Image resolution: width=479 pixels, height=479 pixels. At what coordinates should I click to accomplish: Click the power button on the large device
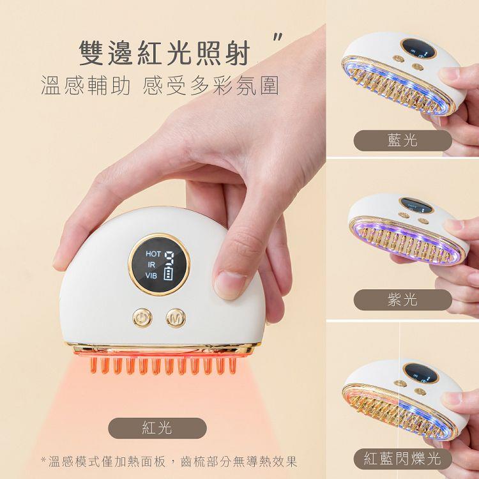(142, 318)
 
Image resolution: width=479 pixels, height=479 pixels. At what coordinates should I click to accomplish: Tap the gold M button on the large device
(176, 318)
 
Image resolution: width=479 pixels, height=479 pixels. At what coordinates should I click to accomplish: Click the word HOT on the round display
(153, 254)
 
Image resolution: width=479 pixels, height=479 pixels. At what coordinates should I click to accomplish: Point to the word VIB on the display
(151, 275)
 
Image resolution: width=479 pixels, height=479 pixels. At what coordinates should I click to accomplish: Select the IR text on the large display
(151, 264)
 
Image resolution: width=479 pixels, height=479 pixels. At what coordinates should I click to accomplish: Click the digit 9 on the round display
(169, 258)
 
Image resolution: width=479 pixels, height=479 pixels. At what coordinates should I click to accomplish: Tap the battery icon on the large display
(169, 273)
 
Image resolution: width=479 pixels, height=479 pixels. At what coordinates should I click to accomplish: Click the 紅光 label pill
(157, 428)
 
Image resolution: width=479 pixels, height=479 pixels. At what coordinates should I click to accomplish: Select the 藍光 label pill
(402, 141)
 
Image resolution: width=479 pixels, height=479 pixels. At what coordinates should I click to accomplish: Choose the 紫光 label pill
(402, 300)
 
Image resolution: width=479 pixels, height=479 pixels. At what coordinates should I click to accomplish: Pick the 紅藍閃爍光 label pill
(402, 459)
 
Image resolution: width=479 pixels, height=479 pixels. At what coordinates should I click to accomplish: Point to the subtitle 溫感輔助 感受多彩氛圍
(160, 86)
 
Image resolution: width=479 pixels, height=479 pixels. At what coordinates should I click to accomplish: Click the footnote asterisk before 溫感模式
(43, 459)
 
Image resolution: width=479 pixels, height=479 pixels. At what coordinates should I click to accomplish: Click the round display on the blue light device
(418, 49)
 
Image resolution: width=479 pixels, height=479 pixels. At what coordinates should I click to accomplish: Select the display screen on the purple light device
(416, 205)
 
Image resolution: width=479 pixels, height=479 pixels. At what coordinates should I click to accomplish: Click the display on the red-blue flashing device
(421, 373)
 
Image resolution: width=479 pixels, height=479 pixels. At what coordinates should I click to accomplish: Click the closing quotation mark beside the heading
(278, 37)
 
